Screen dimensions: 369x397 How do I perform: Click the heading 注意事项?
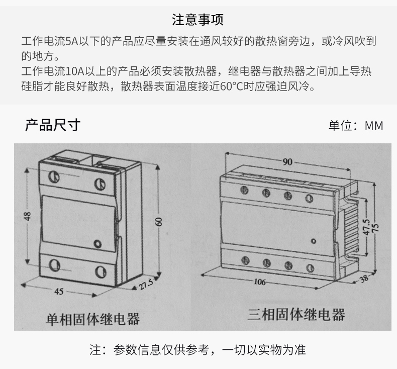[x=198, y=20]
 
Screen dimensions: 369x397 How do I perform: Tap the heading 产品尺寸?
[x=52, y=125]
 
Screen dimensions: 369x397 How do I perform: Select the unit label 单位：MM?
[x=356, y=126]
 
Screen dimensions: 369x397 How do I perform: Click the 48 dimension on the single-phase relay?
[x=28, y=216]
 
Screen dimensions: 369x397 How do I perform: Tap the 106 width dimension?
[x=259, y=282]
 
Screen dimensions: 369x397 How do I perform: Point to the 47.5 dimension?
[x=366, y=226]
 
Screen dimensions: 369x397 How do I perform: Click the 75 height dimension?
[x=375, y=226]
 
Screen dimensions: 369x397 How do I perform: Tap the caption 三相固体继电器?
[x=296, y=315]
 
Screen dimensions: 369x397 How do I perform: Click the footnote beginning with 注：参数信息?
[x=197, y=350]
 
